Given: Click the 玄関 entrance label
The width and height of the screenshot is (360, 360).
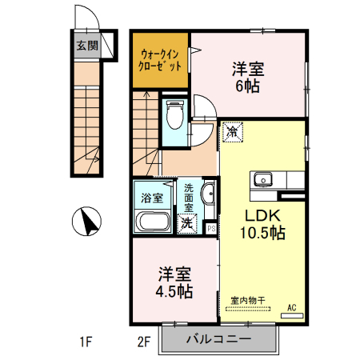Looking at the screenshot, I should [87, 46].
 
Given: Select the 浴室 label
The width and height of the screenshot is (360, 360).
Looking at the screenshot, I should [151, 197].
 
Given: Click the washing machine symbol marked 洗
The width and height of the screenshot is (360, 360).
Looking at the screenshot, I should [186, 223].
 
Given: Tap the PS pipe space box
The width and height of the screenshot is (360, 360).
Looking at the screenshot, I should [211, 228].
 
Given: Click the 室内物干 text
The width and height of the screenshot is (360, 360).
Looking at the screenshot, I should [251, 301].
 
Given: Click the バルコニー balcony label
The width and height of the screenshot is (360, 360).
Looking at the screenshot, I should [218, 339].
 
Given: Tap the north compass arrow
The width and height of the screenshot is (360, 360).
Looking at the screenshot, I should [87, 221].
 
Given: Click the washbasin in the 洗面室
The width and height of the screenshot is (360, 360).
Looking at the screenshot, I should [208, 194].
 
